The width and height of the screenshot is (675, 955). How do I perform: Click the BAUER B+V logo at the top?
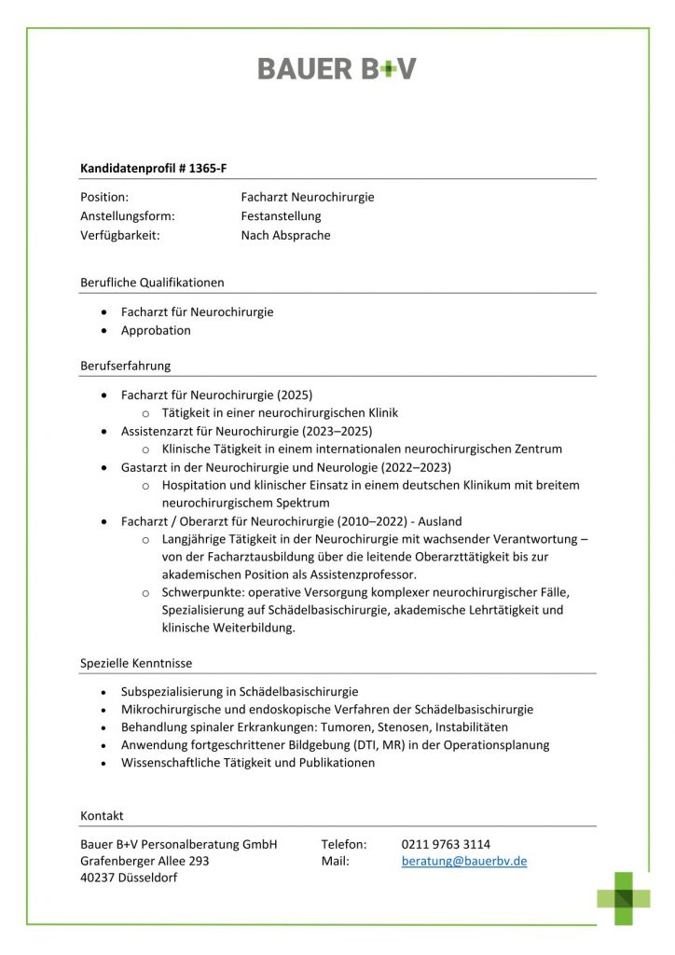click(337, 68)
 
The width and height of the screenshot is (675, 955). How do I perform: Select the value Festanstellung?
click(281, 216)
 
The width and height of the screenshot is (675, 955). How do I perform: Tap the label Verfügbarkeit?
click(120, 235)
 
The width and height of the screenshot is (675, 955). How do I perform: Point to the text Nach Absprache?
click(285, 235)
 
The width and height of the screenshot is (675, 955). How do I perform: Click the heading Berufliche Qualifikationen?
click(152, 282)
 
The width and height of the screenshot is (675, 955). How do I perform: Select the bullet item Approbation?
click(156, 330)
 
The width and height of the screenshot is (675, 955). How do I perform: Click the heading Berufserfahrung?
click(125, 366)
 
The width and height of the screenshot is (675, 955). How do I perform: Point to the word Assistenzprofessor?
click(363, 574)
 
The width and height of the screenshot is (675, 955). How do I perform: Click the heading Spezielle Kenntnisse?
click(136, 663)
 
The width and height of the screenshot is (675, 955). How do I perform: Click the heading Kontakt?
click(102, 816)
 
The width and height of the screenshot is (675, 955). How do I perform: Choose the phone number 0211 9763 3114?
click(446, 844)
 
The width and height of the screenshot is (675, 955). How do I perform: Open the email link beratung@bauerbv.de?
click(464, 862)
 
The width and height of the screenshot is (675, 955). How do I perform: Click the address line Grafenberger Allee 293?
click(145, 862)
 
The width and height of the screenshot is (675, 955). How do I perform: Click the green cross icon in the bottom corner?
click(624, 898)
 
